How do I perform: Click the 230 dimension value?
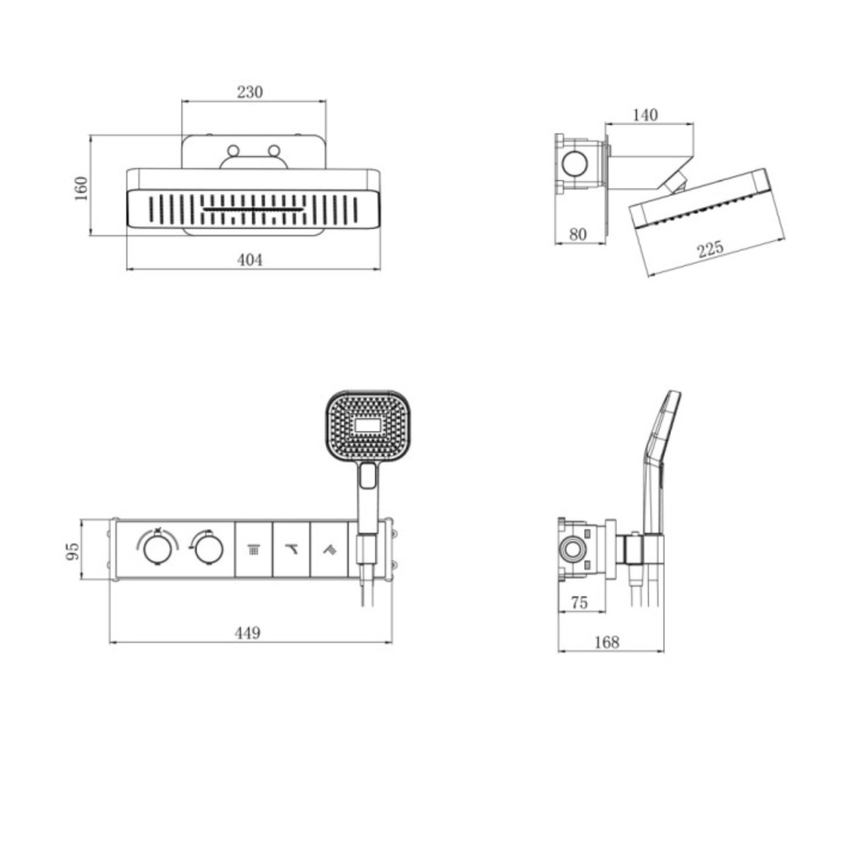pos(250,92)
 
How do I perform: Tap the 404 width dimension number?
pos(250,260)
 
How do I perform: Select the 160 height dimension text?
pos(81,188)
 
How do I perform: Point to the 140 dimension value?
pos(645,115)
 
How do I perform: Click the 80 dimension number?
pos(577,235)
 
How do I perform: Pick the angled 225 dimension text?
pos(710,249)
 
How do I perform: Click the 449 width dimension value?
pos(248,633)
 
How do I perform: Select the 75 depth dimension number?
pos(579,603)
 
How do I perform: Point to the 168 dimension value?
pos(607,642)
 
